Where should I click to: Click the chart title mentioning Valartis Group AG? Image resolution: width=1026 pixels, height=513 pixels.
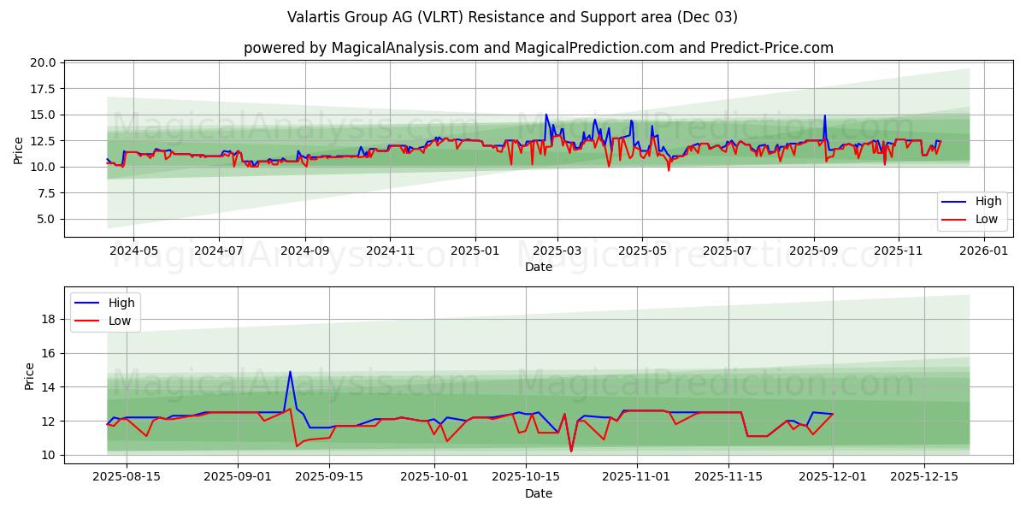[x=513, y=17]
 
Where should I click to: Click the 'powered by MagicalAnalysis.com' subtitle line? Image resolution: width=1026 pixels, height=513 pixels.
[x=539, y=48]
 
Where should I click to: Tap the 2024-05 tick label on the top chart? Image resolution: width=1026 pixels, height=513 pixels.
[x=133, y=251]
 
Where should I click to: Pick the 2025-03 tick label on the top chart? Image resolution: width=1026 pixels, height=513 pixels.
[x=557, y=251]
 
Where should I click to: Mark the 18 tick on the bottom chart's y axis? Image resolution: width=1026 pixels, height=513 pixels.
[x=50, y=319]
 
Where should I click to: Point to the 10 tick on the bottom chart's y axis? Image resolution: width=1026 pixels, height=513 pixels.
[x=50, y=455]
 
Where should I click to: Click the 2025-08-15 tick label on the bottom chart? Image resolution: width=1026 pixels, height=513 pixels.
[x=127, y=477]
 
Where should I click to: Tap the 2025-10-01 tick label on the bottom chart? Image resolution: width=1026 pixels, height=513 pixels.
[x=435, y=477]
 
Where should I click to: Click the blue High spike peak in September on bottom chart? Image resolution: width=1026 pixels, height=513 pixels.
[x=290, y=372]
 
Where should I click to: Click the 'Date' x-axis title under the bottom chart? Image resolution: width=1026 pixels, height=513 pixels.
[x=539, y=493]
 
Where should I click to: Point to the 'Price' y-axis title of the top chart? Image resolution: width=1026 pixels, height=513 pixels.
[x=19, y=150]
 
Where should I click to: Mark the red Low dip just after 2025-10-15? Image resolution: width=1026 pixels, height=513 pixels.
[x=571, y=451]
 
